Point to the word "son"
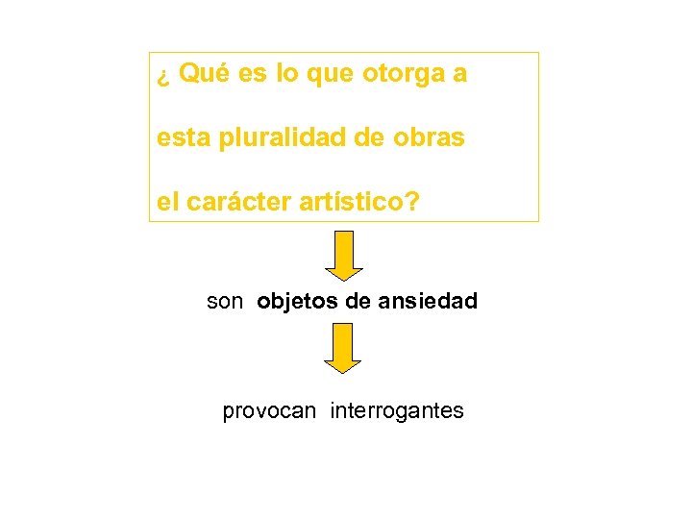pyautogui.click(x=225, y=302)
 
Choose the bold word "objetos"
pyautogui.click(x=296, y=302)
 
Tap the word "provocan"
pyautogui.click(x=269, y=411)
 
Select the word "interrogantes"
pyautogui.click(x=397, y=411)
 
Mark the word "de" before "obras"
pyautogui.click(x=369, y=138)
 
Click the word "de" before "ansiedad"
pyautogui.click(x=357, y=302)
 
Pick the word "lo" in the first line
pyautogui.click(x=287, y=74)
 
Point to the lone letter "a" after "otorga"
pyautogui.click(x=460, y=75)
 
